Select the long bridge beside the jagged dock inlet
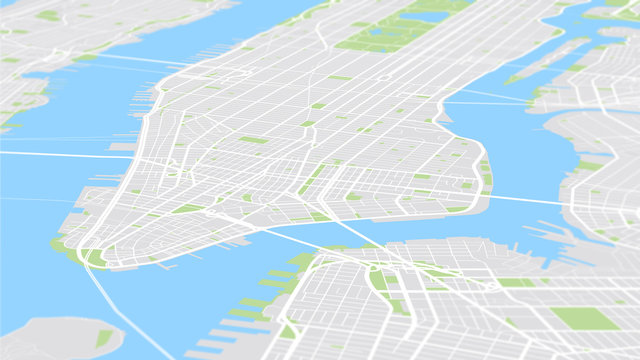click(x=520, y=198)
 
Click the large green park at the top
click(x=400, y=25)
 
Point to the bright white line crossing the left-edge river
click(x=50, y=154)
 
